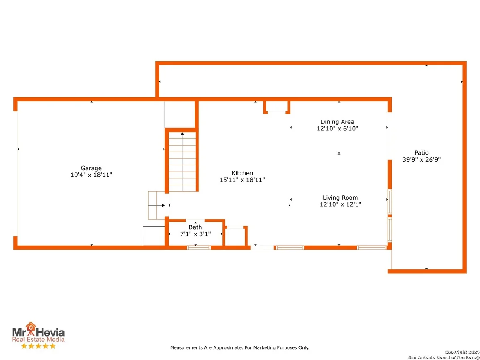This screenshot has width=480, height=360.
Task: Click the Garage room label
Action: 91,168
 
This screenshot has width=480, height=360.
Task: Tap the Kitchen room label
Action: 242,173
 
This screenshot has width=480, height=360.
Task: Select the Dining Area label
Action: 337,122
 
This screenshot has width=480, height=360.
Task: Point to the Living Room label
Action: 341,198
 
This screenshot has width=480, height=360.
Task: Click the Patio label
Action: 422,153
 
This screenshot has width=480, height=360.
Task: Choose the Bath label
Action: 195,227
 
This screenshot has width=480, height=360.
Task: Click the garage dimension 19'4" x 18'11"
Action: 91,175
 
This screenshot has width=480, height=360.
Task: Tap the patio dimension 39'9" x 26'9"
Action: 422,159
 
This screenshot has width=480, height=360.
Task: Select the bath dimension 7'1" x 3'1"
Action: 195,234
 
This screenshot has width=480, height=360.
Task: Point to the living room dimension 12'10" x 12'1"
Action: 341,204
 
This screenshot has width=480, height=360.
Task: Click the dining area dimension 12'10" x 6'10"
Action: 337,129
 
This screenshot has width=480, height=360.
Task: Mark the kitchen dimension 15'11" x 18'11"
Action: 242,180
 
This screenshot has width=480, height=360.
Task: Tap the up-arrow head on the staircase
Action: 182,133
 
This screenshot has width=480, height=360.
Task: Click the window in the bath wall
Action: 199,247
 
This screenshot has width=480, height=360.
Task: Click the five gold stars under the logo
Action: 38,346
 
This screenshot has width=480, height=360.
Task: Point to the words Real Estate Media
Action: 38,339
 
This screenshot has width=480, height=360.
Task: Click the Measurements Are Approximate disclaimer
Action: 240,347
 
